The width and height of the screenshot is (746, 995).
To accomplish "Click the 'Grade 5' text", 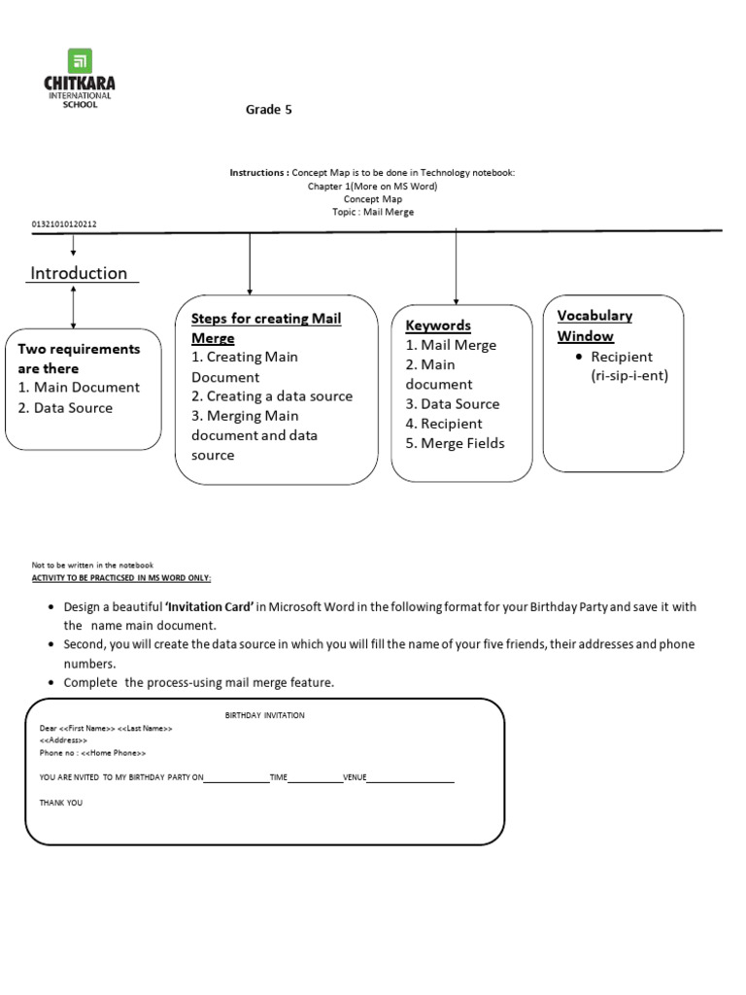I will click(268, 110).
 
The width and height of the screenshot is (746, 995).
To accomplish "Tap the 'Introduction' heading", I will click(79, 273).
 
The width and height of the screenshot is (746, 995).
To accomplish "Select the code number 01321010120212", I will click(64, 224).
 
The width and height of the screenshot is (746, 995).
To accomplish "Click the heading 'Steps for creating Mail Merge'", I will click(265, 328).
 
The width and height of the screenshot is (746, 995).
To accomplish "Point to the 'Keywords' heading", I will click(438, 326).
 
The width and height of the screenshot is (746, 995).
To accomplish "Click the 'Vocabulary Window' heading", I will click(593, 326).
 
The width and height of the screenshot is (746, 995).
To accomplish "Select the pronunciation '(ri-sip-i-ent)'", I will click(629, 376).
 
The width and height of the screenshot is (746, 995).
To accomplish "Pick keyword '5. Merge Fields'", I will click(455, 443).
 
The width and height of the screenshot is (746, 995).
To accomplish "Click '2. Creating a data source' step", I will click(272, 396).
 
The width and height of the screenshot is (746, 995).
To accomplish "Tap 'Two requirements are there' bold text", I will click(79, 359).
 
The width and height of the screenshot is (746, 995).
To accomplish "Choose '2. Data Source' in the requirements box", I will click(65, 408).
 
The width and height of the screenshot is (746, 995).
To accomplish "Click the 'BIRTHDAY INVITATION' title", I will click(265, 715).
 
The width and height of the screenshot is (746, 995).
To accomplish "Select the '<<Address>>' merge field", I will click(63, 740).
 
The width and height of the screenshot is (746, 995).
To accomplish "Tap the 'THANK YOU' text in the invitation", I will click(61, 804).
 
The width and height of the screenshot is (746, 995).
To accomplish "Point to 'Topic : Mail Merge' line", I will click(373, 212).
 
